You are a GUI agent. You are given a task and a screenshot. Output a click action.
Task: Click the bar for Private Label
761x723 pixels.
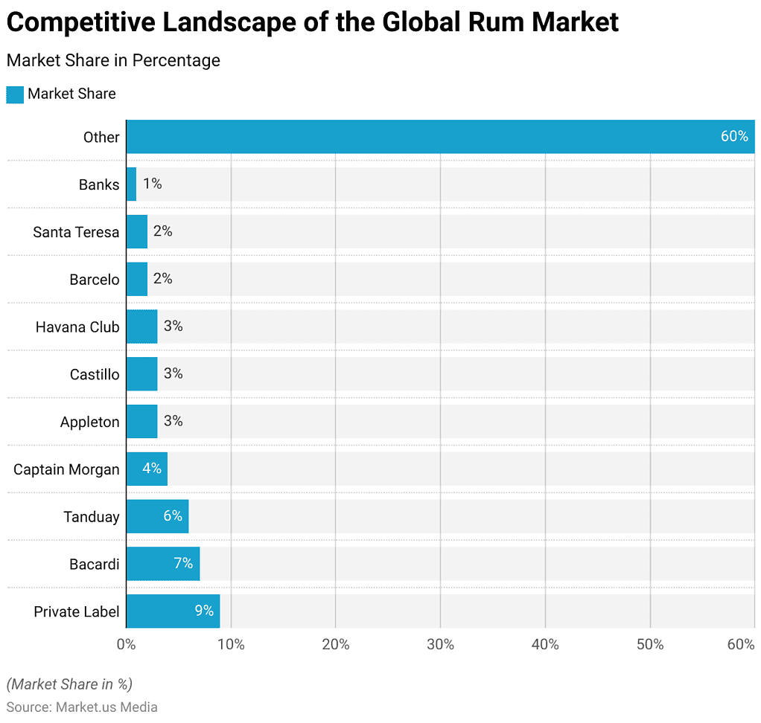(173, 611)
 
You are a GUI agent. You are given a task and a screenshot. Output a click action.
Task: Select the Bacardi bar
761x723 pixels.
(162, 563)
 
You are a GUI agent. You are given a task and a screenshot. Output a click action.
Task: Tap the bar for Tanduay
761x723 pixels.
(157, 516)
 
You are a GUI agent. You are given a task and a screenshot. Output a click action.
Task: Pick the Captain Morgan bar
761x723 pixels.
(147, 469)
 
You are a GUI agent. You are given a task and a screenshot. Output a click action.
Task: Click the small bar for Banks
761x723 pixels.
(131, 184)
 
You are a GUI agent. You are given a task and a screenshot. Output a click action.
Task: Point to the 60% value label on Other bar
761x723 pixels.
(733, 136)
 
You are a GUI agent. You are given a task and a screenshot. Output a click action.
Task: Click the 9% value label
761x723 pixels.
(204, 611)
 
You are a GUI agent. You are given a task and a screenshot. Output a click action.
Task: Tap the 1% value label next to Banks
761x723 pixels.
(152, 184)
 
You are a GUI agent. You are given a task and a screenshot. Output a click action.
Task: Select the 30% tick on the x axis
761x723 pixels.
(440, 644)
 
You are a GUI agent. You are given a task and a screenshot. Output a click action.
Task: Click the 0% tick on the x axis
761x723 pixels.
(126, 644)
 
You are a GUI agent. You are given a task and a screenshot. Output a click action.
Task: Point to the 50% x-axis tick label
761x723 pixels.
(650, 644)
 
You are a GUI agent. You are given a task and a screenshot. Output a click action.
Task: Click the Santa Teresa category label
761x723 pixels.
(76, 232)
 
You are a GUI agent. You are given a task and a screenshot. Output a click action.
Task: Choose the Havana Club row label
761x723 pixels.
(77, 327)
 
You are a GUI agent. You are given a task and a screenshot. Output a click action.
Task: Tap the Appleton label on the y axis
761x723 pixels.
(89, 422)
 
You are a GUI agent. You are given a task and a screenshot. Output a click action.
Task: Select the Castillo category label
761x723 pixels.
(95, 374)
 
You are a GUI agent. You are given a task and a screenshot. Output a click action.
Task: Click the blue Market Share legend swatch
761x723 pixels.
(15, 94)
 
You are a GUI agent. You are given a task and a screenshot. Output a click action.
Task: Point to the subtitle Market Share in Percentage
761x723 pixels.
(113, 60)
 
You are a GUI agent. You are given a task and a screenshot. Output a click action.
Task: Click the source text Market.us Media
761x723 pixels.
(106, 707)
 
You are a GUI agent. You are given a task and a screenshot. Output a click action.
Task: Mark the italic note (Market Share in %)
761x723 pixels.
(69, 684)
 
